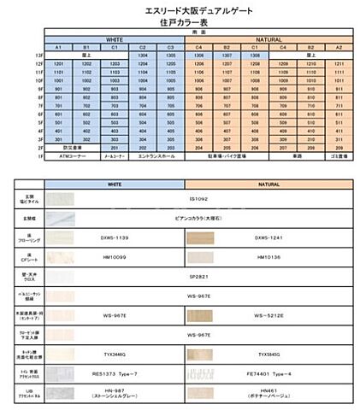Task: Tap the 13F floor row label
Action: [x=38, y=55]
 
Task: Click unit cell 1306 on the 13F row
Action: [x=199, y=55]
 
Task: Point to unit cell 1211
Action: [x=339, y=64]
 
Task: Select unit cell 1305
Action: [x=171, y=55]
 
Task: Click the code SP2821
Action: [x=198, y=277]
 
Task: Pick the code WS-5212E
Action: [x=270, y=315]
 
